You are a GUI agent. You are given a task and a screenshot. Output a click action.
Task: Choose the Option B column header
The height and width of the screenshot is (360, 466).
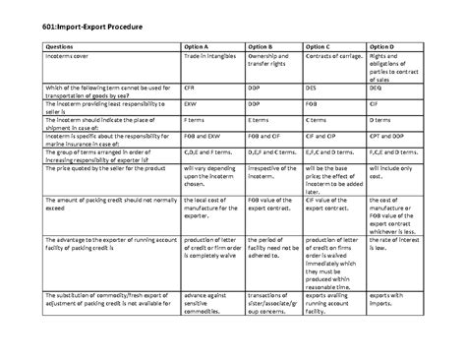(x=263, y=45)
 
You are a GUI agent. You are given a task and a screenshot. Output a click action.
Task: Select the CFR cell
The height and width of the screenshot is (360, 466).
(x=191, y=86)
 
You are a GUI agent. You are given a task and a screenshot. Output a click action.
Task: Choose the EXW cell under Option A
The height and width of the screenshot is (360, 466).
(x=192, y=100)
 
